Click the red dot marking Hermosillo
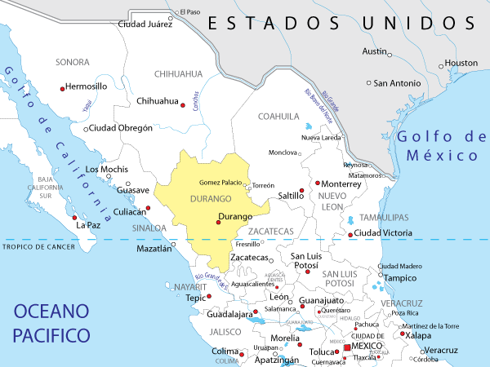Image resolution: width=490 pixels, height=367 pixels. coord(62,88)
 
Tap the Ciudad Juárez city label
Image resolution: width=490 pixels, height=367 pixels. coord(145,24)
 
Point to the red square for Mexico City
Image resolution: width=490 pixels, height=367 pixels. coord(347,348)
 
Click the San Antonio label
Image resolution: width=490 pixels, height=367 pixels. coord(398,82)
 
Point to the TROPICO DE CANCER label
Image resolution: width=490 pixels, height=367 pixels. coord(39,246)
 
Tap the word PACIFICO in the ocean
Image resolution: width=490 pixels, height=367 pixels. coord(50,334)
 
